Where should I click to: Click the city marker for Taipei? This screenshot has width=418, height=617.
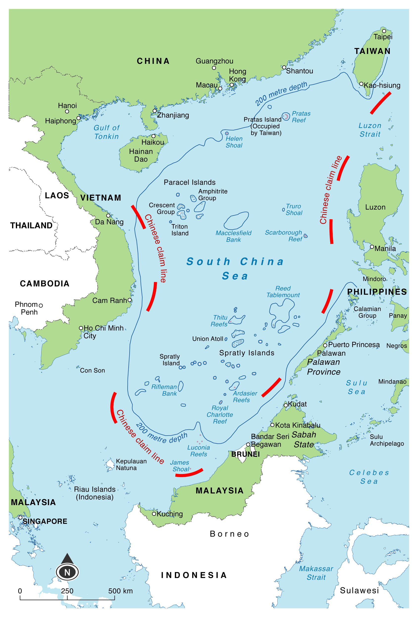click(384, 31)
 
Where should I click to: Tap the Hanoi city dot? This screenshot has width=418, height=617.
click(67, 112)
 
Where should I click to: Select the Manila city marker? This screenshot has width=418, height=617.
click(372, 247)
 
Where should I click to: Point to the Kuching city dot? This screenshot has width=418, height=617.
click(154, 514)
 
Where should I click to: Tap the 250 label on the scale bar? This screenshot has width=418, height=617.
click(67, 591)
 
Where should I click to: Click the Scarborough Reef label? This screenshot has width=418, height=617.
click(283, 236)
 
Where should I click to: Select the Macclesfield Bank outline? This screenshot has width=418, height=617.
click(236, 220)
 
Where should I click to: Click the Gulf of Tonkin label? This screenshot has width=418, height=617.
click(106, 132)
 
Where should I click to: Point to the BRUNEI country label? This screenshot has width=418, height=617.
click(245, 454)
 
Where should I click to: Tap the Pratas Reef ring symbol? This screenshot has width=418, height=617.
click(286, 116)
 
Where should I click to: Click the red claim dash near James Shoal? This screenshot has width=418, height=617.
click(189, 474)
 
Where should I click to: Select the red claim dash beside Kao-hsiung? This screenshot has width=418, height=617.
click(380, 103)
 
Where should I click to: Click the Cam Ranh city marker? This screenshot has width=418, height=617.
click(130, 300)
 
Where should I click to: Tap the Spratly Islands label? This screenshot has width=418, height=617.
click(247, 353)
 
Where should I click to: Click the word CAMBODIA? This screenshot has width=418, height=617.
click(45, 284)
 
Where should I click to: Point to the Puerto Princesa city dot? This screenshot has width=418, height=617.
click(325, 345)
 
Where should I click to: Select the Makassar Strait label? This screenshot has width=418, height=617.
click(316, 573)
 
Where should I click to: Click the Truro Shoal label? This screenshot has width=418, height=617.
click(294, 209)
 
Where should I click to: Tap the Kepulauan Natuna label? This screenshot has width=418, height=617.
click(131, 464)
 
